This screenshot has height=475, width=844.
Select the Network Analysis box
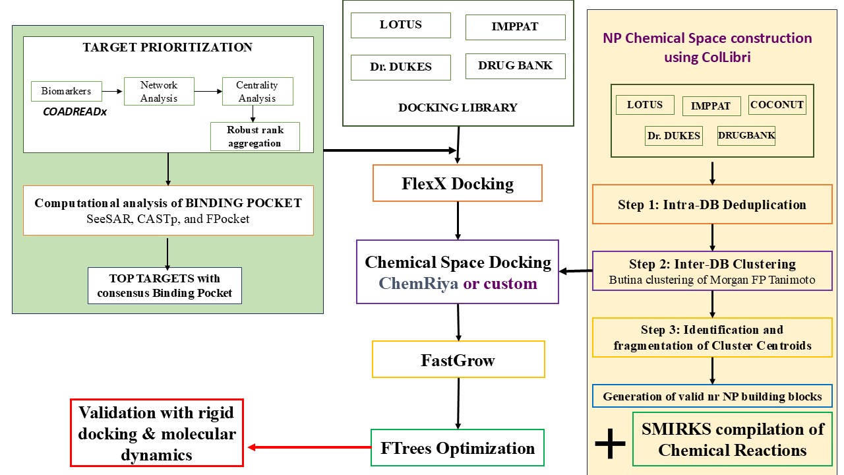click(158, 91)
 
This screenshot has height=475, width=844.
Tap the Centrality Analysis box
click(256, 91)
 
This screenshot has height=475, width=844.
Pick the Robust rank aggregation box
click(255, 137)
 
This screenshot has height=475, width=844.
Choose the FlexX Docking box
click(457, 183)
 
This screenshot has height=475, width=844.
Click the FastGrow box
click(458, 360)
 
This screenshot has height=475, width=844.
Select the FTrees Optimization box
click(457, 448)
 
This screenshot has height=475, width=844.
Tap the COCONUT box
click(777, 105)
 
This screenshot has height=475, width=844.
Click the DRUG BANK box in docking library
click(515, 66)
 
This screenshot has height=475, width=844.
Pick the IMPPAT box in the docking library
click(515, 27)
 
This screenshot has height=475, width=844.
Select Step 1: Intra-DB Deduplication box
click(712, 204)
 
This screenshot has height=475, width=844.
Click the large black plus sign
click(610, 445)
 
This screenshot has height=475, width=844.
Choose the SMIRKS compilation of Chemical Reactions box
click(732, 439)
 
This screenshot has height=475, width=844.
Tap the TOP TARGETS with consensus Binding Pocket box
click(165, 286)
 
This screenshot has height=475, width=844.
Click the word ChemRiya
click(418, 284)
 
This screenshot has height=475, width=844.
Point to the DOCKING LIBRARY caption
click(458, 108)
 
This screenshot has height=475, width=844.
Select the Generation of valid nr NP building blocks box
click(712, 396)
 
